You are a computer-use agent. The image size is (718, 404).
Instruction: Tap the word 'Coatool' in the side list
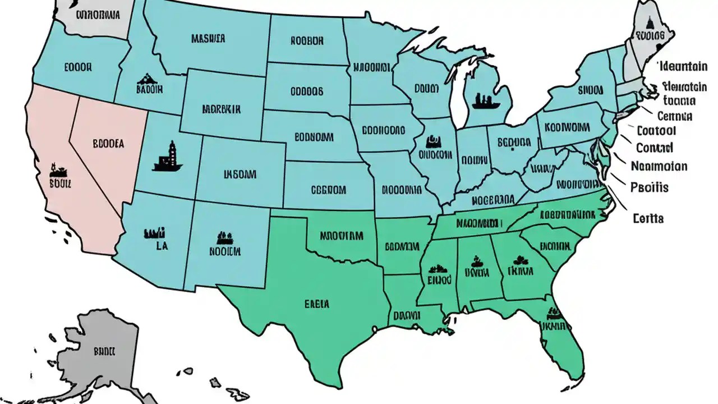click(x=656, y=131)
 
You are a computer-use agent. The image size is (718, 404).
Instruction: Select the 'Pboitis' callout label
click(x=650, y=187)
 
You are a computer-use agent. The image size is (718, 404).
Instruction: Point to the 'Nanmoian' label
click(x=659, y=166)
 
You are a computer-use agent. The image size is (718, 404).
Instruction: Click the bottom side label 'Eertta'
click(x=648, y=218)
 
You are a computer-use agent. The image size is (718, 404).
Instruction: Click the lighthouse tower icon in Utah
click(x=168, y=156)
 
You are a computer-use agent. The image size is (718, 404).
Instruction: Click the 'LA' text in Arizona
click(x=161, y=245)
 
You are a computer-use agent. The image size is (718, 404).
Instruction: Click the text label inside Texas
click(x=317, y=304)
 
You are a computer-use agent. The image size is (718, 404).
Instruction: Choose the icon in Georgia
click(x=521, y=259)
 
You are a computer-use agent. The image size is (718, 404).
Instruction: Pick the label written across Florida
click(x=553, y=325)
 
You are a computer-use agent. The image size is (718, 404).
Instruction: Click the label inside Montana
click(x=208, y=39)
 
